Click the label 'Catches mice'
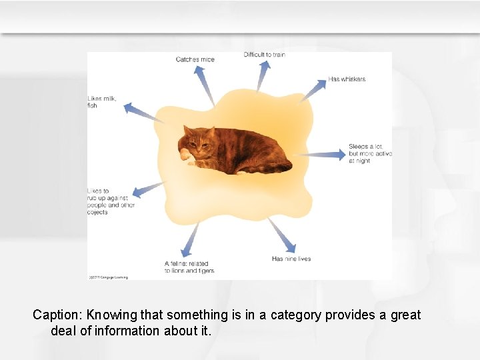(195, 59)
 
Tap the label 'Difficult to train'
(264, 55)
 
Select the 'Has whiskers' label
(347, 79)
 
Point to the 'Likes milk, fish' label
(101, 102)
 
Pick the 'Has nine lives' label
(291, 259)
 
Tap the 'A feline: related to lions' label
(189, 267)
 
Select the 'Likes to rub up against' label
(111, 201)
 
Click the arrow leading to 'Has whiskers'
(313, 90)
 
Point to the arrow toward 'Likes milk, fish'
(143, 113)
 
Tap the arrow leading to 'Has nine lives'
(281, 235)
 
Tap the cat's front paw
(184, 155)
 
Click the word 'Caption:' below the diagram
(57, 315)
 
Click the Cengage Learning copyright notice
(108, 277)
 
